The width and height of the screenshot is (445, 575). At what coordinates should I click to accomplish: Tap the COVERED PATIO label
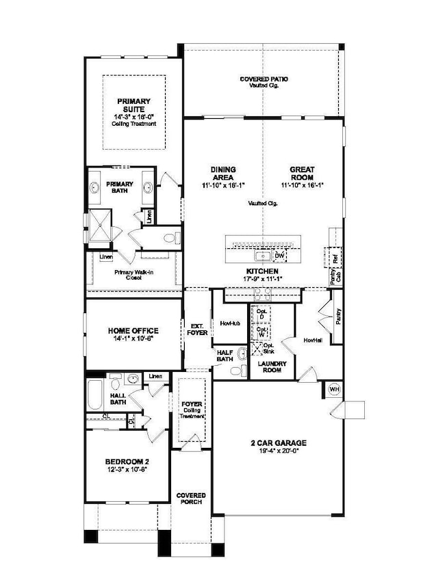pyautogui.click(x=264, y=79)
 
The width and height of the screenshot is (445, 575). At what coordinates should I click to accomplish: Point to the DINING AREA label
pyautogui.click(x=223, y=173)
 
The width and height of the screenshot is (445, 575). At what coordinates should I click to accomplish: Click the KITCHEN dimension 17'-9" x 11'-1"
pyautogui.click(x=262, y=279)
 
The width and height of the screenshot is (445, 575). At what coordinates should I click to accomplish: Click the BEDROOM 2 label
pyautogui.click(x=128, y=462)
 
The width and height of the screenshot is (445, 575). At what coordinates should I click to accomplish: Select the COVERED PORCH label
pyautogui.click(x=191, y=499)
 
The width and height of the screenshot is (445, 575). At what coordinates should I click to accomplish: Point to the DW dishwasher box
pyautogui.click(x=279, y=256)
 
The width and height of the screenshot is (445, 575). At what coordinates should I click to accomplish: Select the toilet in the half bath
pyautogui.click(x=237, y=370)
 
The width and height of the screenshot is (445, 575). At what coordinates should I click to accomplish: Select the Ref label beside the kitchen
pyautogui.click(x=335, y=260)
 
